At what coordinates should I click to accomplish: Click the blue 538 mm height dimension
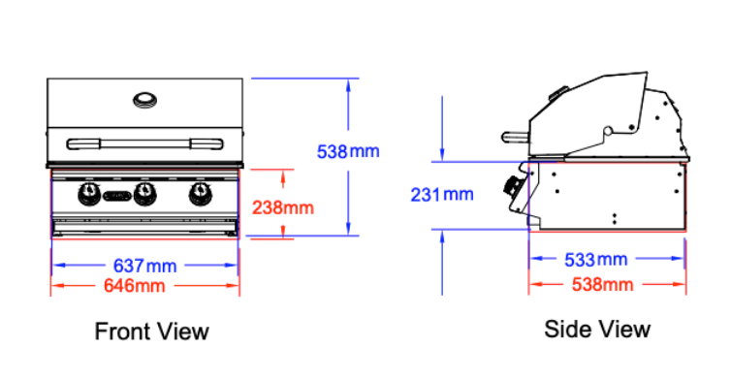[x=348, y=151]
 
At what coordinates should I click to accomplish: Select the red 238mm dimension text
[x=283, y=207]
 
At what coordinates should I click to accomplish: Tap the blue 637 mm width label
[x=145, y=266]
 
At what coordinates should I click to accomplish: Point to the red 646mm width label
[x=134, y=285]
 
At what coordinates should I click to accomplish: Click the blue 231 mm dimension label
[x=442, y=195]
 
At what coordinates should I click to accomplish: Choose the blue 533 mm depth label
[x=596, y=260]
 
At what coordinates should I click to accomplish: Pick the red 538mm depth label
[x=602, y=284]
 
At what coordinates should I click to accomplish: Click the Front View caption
[x=151, y=332]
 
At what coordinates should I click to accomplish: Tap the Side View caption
[x=597, y=330]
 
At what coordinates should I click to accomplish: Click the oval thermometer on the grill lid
[x=145, y=100]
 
